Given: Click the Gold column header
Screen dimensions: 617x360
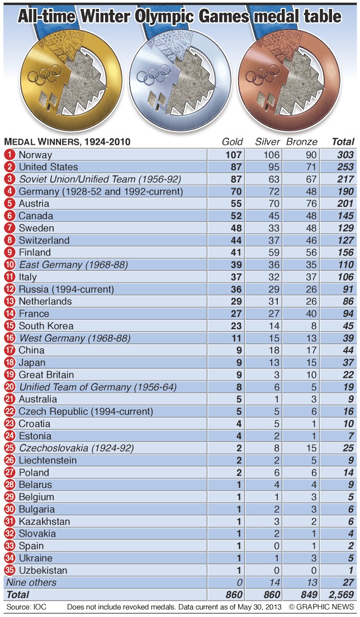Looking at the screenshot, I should tap(233, 142).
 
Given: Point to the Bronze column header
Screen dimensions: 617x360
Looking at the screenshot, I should tap(302, 142).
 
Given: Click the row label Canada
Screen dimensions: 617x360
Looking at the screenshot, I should tap(36, 216).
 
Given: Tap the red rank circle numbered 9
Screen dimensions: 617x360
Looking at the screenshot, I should tap(10, 253).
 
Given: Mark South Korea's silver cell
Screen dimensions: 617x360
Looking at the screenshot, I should tap(267, 326).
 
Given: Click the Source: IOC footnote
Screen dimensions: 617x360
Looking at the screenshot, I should tap(25, 607).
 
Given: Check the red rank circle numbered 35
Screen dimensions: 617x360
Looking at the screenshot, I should tap(10, 571).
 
